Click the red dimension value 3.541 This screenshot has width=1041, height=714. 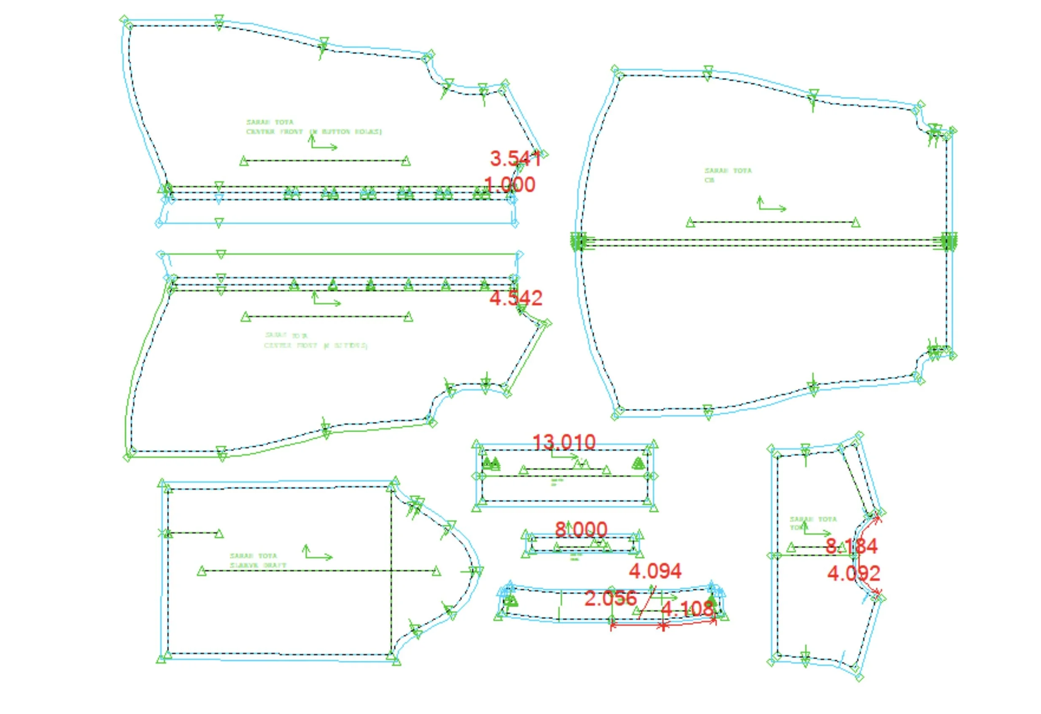[515, 158]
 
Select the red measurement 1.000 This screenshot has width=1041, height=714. [510, 185]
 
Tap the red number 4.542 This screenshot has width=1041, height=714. [515, 298]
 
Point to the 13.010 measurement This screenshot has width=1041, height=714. [564, 442]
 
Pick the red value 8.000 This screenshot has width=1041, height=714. [581, 529]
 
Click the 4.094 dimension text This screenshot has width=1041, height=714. [655, 571]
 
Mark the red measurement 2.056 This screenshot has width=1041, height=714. [610, 598]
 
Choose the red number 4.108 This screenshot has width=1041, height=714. [687, 609]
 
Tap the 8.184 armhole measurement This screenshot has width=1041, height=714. [852, 546]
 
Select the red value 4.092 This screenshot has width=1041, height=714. [853, 573]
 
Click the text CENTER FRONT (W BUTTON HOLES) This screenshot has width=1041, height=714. [313, 132]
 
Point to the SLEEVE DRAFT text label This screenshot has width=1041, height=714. [258, 565]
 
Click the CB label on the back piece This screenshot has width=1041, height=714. [709, 180]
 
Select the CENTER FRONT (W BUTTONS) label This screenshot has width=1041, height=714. [316, 346]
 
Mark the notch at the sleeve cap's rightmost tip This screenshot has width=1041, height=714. [477, 571]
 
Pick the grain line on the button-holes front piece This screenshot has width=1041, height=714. [325, 160]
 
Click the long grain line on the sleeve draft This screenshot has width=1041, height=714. [319, 571]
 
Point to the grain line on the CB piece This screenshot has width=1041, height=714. [773, 222]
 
